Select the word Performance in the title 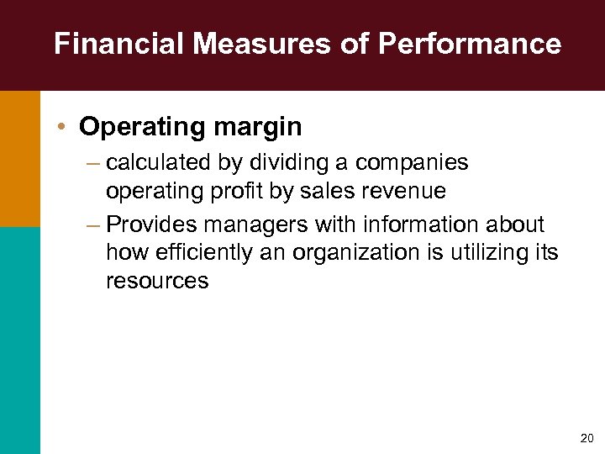click(470, 44)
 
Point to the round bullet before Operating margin click(64, 127)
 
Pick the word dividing click(300, 161)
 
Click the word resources click(156, 281)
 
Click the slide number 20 click(586, 438)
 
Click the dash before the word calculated click(92, 162)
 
